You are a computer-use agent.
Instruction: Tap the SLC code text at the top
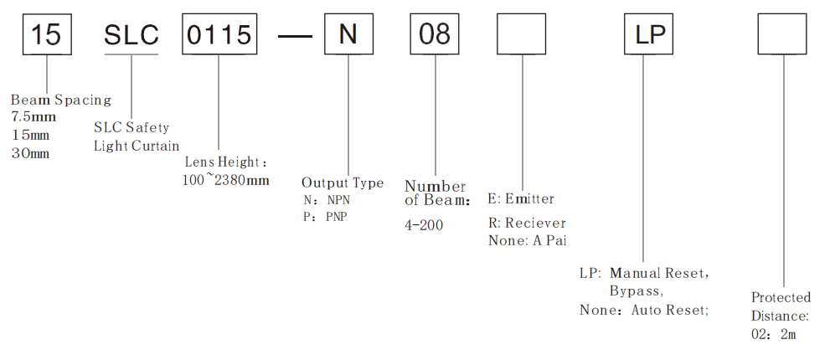pos(131,35)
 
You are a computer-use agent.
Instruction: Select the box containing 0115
pos(218,35)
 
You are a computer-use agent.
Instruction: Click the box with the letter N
pos(347,35)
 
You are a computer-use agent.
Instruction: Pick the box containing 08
pos(436,35)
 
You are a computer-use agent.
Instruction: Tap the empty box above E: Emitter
pos(521,35)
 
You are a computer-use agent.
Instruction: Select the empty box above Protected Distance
pos(783,35)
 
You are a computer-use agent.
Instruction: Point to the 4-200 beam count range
pos(424,224)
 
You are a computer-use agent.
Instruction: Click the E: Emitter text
pos(520,199)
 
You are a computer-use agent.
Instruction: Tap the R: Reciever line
pos(527,224)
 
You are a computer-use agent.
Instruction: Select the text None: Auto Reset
pos(644,310)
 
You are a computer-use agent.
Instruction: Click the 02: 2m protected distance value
pos(774,334)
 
